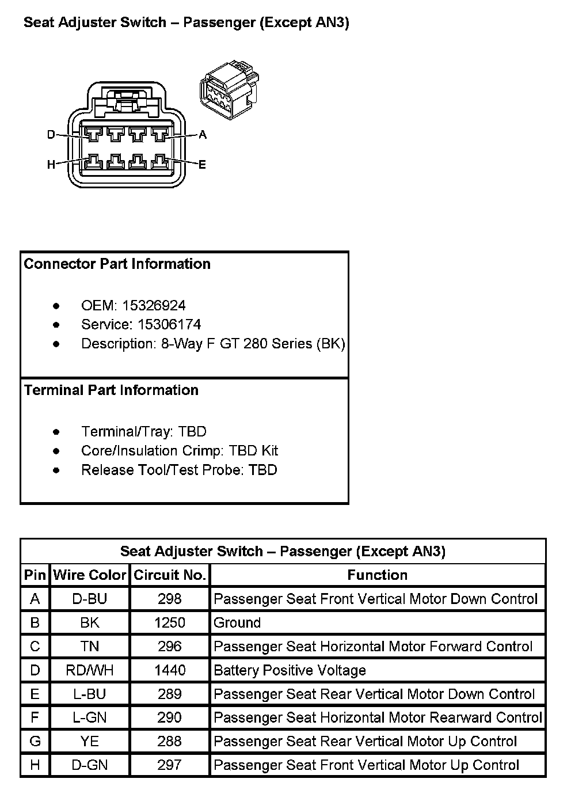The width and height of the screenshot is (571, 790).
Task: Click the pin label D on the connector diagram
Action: coord(51,135)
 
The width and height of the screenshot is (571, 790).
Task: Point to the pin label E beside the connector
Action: coord(202,165)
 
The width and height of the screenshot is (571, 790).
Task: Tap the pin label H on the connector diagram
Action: coord(51,165)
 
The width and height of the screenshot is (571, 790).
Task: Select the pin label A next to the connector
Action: coord(202,135)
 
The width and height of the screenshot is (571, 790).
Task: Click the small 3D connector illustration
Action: coord(227,89)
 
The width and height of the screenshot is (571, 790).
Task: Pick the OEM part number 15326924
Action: coord(154,305)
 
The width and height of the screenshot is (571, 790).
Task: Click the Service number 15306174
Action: coord(170,324)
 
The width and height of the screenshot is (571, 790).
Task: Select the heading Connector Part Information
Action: coord(117,264)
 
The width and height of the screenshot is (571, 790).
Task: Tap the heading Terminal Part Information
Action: coord(111,390)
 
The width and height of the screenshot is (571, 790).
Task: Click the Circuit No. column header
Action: coord(170,575)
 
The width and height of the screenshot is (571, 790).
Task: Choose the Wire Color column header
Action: coord(89,575)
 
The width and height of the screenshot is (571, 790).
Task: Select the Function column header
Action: coord(377,575)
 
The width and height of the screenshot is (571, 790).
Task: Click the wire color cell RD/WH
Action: coord(89,670)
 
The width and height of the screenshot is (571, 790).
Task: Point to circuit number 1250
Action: coord(170,622)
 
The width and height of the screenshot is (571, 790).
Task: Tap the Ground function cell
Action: coord(237,622)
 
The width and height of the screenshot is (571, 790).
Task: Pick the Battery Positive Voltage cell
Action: coord(290,670)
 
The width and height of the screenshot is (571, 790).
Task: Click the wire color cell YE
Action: coord(89,741)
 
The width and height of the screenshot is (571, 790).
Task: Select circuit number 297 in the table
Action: coord(170,765)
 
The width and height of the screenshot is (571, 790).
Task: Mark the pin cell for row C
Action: coord(35,646)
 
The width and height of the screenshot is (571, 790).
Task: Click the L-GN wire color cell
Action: coord(89,717)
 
